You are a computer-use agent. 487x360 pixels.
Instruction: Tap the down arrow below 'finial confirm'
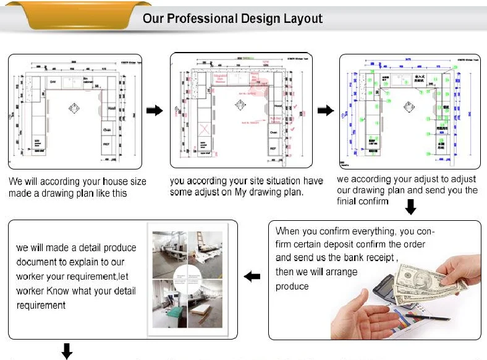pos(410,210)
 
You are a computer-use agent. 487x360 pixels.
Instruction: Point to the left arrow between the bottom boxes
pos(252,277)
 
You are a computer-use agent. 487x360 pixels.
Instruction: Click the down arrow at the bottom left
pos(66,351)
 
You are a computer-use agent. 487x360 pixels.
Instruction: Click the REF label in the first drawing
pos(106,143)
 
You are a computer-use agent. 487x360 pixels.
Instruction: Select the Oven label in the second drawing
pos(273,132)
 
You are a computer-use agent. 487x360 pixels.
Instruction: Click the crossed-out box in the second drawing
pos(203,132)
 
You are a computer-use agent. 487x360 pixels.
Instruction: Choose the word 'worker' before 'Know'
pos(35,291)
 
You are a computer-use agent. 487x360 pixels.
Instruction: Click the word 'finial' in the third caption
pos(349,202)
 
